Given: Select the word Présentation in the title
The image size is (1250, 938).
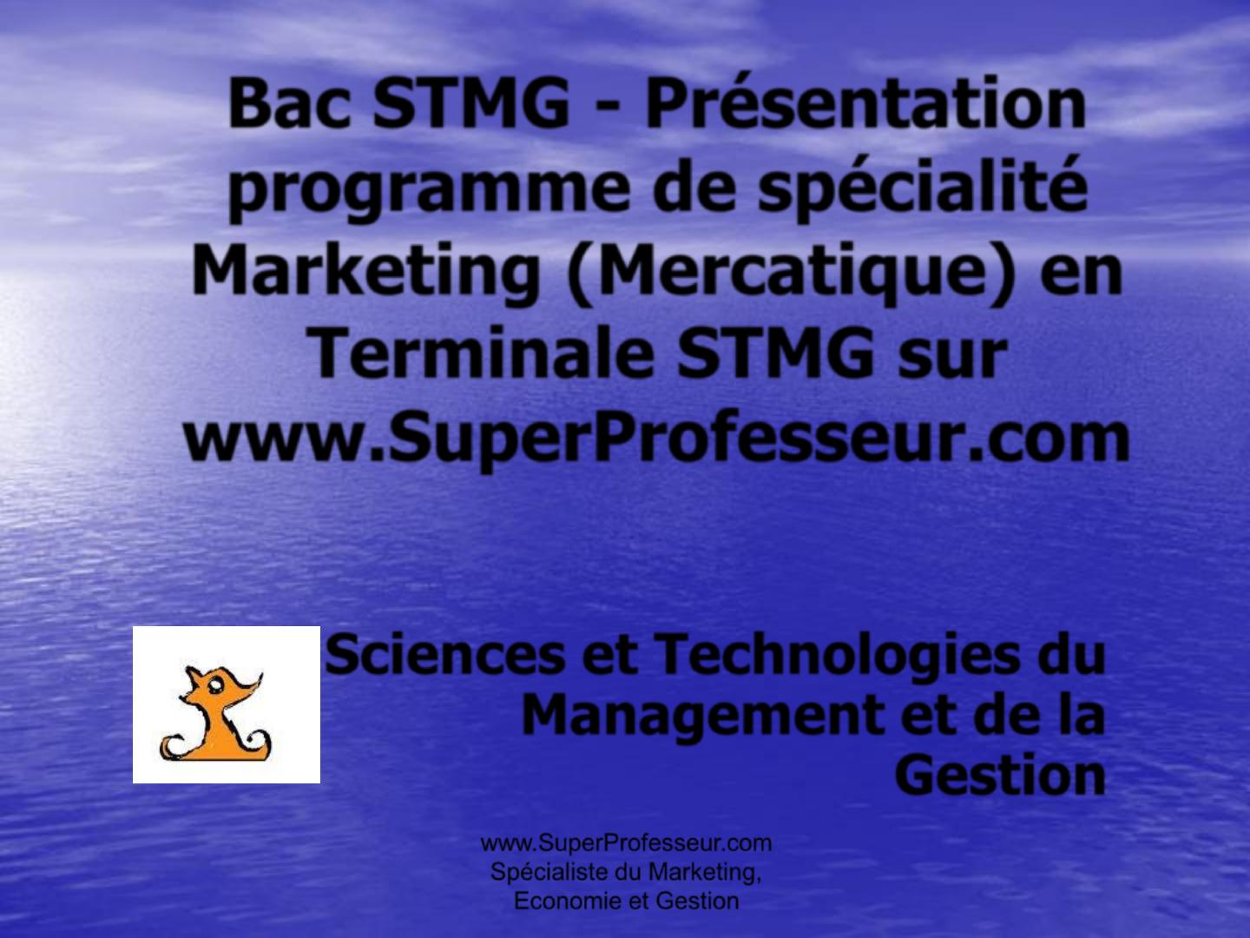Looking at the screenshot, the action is [865, 105].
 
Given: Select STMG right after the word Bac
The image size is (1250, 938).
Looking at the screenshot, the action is [470, 105].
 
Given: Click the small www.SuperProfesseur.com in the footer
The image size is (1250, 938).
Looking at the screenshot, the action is [626, 842].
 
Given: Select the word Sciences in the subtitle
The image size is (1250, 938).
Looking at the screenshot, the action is [445, 656].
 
